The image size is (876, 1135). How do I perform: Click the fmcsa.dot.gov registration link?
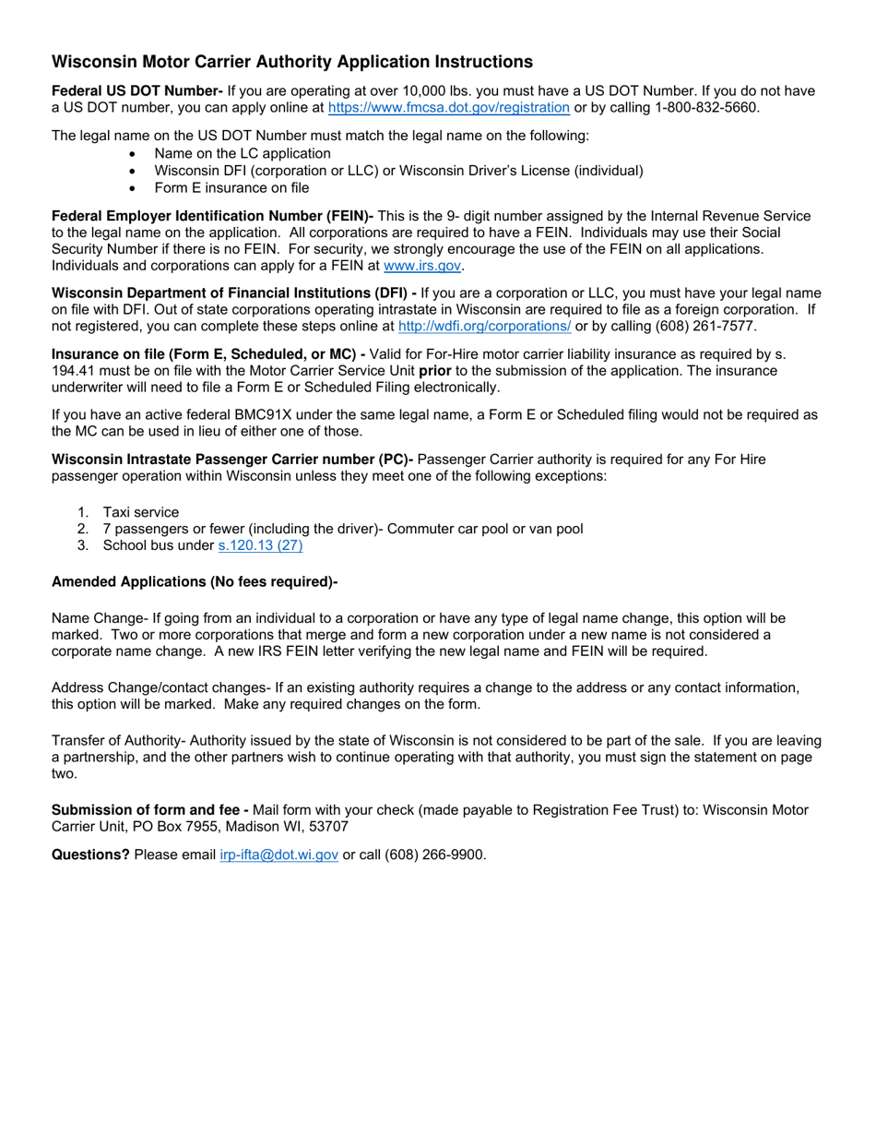pos(448,107)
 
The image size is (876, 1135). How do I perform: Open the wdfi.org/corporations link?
pos(484,326)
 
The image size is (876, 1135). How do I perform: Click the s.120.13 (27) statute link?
pos(260,545)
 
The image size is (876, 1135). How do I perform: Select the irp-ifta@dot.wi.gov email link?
pos(278,854)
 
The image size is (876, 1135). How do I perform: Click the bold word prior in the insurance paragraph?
pos(435,370)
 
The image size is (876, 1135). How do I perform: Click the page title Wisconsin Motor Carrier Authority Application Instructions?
pos(291,62)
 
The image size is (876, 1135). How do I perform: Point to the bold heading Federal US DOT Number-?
pos(137,90)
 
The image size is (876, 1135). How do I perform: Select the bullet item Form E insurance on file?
pos(231,187)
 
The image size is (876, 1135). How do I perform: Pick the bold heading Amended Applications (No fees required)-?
pos(195,581)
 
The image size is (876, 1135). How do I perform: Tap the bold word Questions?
pos(90,854)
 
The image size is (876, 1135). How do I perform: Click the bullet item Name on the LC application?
pos(243,153)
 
